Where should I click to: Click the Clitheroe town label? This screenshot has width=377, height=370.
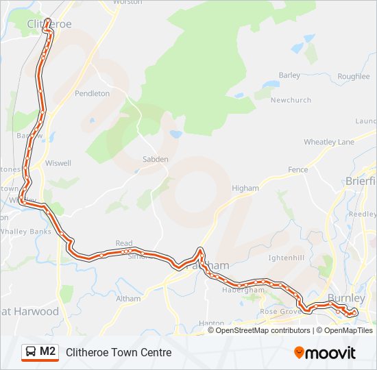tap(49, 24)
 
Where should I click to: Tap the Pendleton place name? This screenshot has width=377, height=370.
tap(93, 93)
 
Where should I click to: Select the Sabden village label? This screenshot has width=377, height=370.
tap(155, 159)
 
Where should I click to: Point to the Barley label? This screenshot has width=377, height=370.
tap(290, 75)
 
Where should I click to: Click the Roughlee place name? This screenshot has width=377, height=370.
tap(354, 77)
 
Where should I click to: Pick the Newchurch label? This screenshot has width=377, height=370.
tap(291, 100)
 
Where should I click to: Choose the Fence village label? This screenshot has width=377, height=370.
tap(298, 169)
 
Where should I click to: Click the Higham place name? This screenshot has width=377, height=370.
tap(245, 188)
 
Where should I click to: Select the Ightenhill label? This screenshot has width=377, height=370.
tap(287, 258)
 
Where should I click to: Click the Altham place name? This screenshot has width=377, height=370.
tap(128, 299)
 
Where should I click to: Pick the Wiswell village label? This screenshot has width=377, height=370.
tap(58, 163)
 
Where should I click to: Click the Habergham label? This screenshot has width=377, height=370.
tap(243, 290)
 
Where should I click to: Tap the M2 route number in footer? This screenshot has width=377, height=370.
tap(48, 351)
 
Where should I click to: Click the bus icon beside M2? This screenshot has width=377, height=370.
tap(31, 352)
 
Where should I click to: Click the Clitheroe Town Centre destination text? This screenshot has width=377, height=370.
tap(119, 352)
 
